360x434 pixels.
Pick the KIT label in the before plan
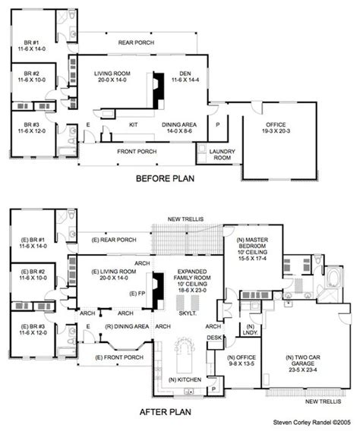(134, 122)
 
